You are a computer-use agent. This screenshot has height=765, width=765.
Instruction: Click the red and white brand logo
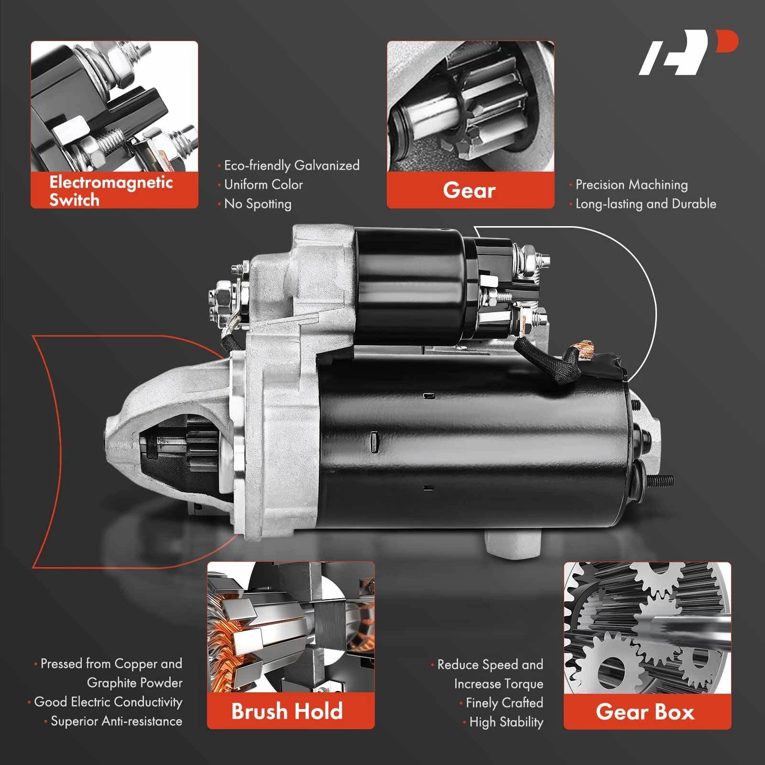688,53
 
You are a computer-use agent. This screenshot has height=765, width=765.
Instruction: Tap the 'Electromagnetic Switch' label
111,191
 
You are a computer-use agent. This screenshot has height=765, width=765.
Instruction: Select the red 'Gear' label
469,190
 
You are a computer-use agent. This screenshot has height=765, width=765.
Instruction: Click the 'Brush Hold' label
287,711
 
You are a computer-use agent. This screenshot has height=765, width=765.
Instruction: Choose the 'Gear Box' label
645,712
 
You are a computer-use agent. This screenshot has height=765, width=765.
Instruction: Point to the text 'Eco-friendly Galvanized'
292,165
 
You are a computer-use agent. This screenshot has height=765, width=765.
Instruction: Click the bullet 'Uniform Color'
263,185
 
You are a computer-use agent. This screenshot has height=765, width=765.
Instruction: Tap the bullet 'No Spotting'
258,204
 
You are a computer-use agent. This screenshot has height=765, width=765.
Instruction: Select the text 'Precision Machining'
632,185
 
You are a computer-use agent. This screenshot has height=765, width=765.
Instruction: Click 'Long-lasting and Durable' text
646,204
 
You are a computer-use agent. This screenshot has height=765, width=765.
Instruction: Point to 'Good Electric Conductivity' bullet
108,702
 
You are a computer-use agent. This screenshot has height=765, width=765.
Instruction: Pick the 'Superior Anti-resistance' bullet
116,721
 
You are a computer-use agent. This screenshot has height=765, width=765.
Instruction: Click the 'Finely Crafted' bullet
504,703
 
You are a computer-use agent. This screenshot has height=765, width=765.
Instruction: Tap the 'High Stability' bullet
506,722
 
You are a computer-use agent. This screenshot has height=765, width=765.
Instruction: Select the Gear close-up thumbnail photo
470,106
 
